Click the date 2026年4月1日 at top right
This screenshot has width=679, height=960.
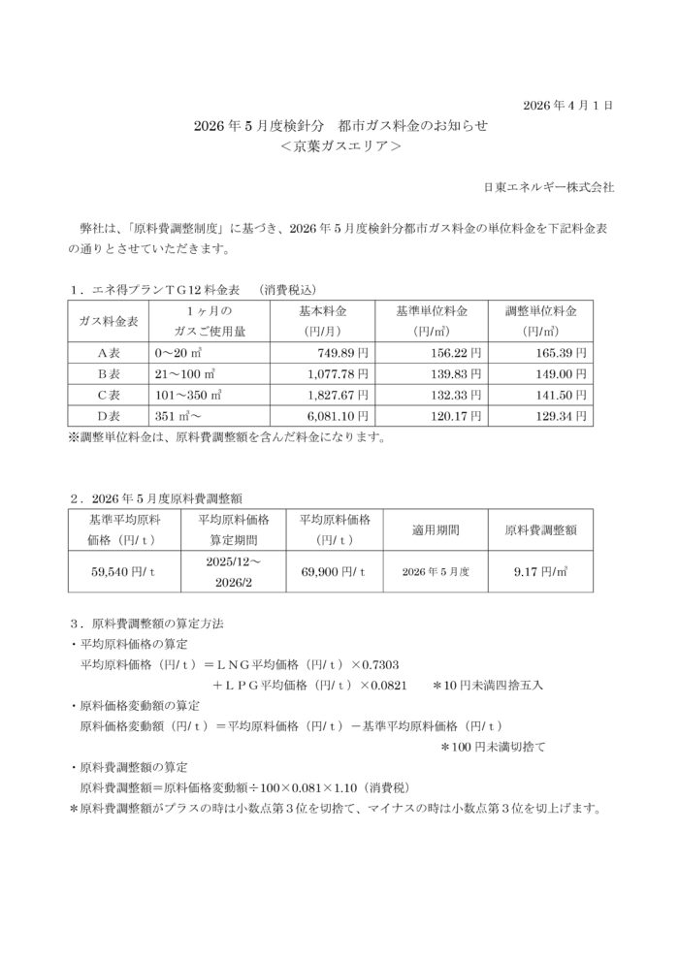click(x=568, y=104)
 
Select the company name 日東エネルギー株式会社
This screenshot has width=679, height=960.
click(x=549, y=186)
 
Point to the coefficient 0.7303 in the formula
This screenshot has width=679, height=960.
click(x=396, y=664)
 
